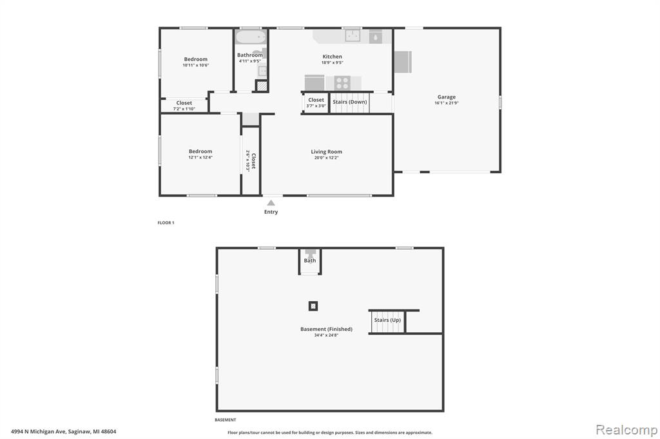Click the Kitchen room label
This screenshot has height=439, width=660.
[332, 57]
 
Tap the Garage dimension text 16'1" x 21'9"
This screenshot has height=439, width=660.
[447, 103]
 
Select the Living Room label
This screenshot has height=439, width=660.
[326, 152]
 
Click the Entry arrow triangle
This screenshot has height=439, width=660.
[271, 203]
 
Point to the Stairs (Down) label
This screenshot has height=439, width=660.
[350, 102]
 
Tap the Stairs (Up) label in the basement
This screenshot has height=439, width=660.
[387, 320]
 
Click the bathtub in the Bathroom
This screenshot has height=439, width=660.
[251, 37]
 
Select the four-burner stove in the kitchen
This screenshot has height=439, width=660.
[342, 83]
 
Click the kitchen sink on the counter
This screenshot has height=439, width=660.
[353, 36]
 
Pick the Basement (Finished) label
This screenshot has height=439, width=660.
[326, 329]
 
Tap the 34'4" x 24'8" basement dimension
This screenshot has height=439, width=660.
[326, 335]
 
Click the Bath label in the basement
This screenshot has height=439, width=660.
[310, 260]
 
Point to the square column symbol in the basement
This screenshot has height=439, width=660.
[313, 306]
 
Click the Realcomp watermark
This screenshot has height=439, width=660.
[626, 430]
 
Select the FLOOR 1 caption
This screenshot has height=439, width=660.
[166, 223]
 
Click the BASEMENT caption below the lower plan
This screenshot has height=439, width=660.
[225, 420]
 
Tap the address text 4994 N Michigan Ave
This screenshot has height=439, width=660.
[38, 431]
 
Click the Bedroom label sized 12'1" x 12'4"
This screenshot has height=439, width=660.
[200, 151]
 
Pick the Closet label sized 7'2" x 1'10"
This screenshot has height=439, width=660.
[184, 102]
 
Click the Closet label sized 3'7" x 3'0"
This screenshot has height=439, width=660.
[316, 100]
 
